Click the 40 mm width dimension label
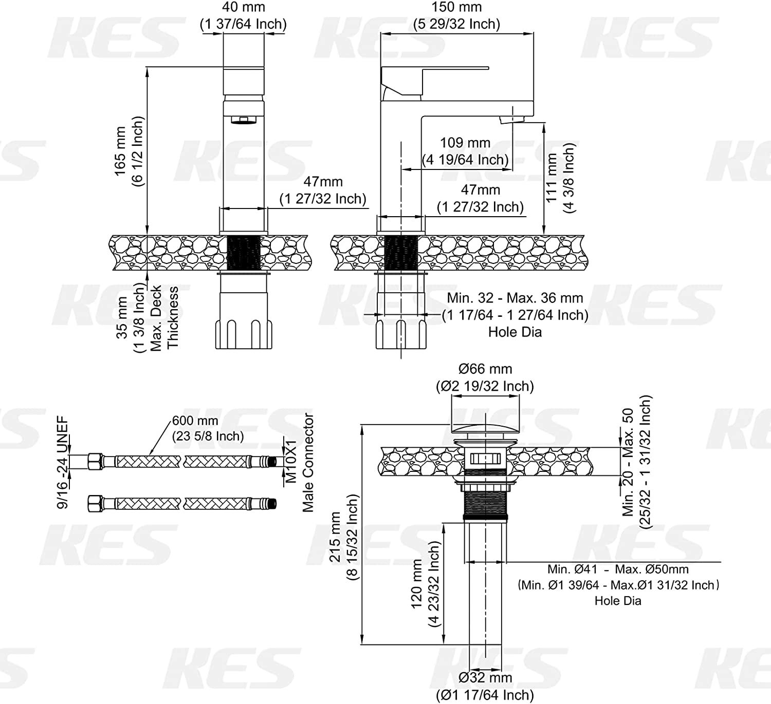click(x=244, y=7)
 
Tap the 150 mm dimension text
click(x=456, y=7)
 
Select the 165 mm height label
click(x=121, y=151)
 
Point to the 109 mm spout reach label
click(x=465, y=142)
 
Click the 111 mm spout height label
click(x=551, y=178)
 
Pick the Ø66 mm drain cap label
click(x=485, y=369)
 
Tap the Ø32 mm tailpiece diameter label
click(x=485, y=678)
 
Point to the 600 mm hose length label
click(x=195, y=421)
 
